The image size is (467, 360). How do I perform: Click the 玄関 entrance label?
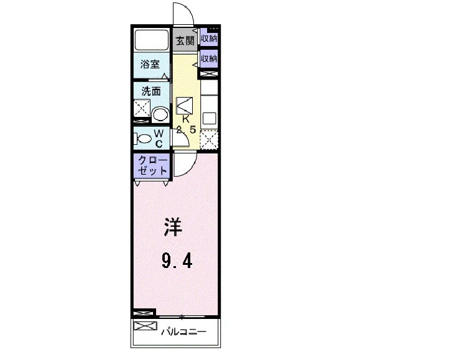[x=185, y=41]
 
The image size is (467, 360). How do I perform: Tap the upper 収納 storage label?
[x=209, y=39]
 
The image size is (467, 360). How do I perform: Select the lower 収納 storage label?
[x=209, y=58]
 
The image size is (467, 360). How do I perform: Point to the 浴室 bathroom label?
[x=150, y=64]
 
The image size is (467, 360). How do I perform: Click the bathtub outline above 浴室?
[x=152, y=40]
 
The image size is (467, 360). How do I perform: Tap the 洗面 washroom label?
[x=151, y=91]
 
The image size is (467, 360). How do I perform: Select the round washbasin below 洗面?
[x=160, y=115]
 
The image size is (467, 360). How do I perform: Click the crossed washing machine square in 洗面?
[x=142, y=108]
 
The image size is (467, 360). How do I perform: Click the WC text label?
[x=159, y=138]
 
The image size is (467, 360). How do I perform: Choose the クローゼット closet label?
[x=152, y=165]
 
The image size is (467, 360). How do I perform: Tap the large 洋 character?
[x=173, y=227]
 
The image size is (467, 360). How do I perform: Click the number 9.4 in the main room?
[x=177, y=261]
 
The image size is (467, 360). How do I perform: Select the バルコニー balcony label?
[x=184, y=331]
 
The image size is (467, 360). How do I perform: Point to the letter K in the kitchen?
[x=185, y=119]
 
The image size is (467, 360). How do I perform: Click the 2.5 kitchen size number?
[x=186, y=130]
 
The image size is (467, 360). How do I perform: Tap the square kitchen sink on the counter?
[x=210, y=118]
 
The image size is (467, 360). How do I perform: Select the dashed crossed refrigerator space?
[x=209, y=140]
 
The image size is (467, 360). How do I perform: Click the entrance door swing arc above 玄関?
[x=188, y=11]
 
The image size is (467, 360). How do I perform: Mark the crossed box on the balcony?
[x=146, y=326]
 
